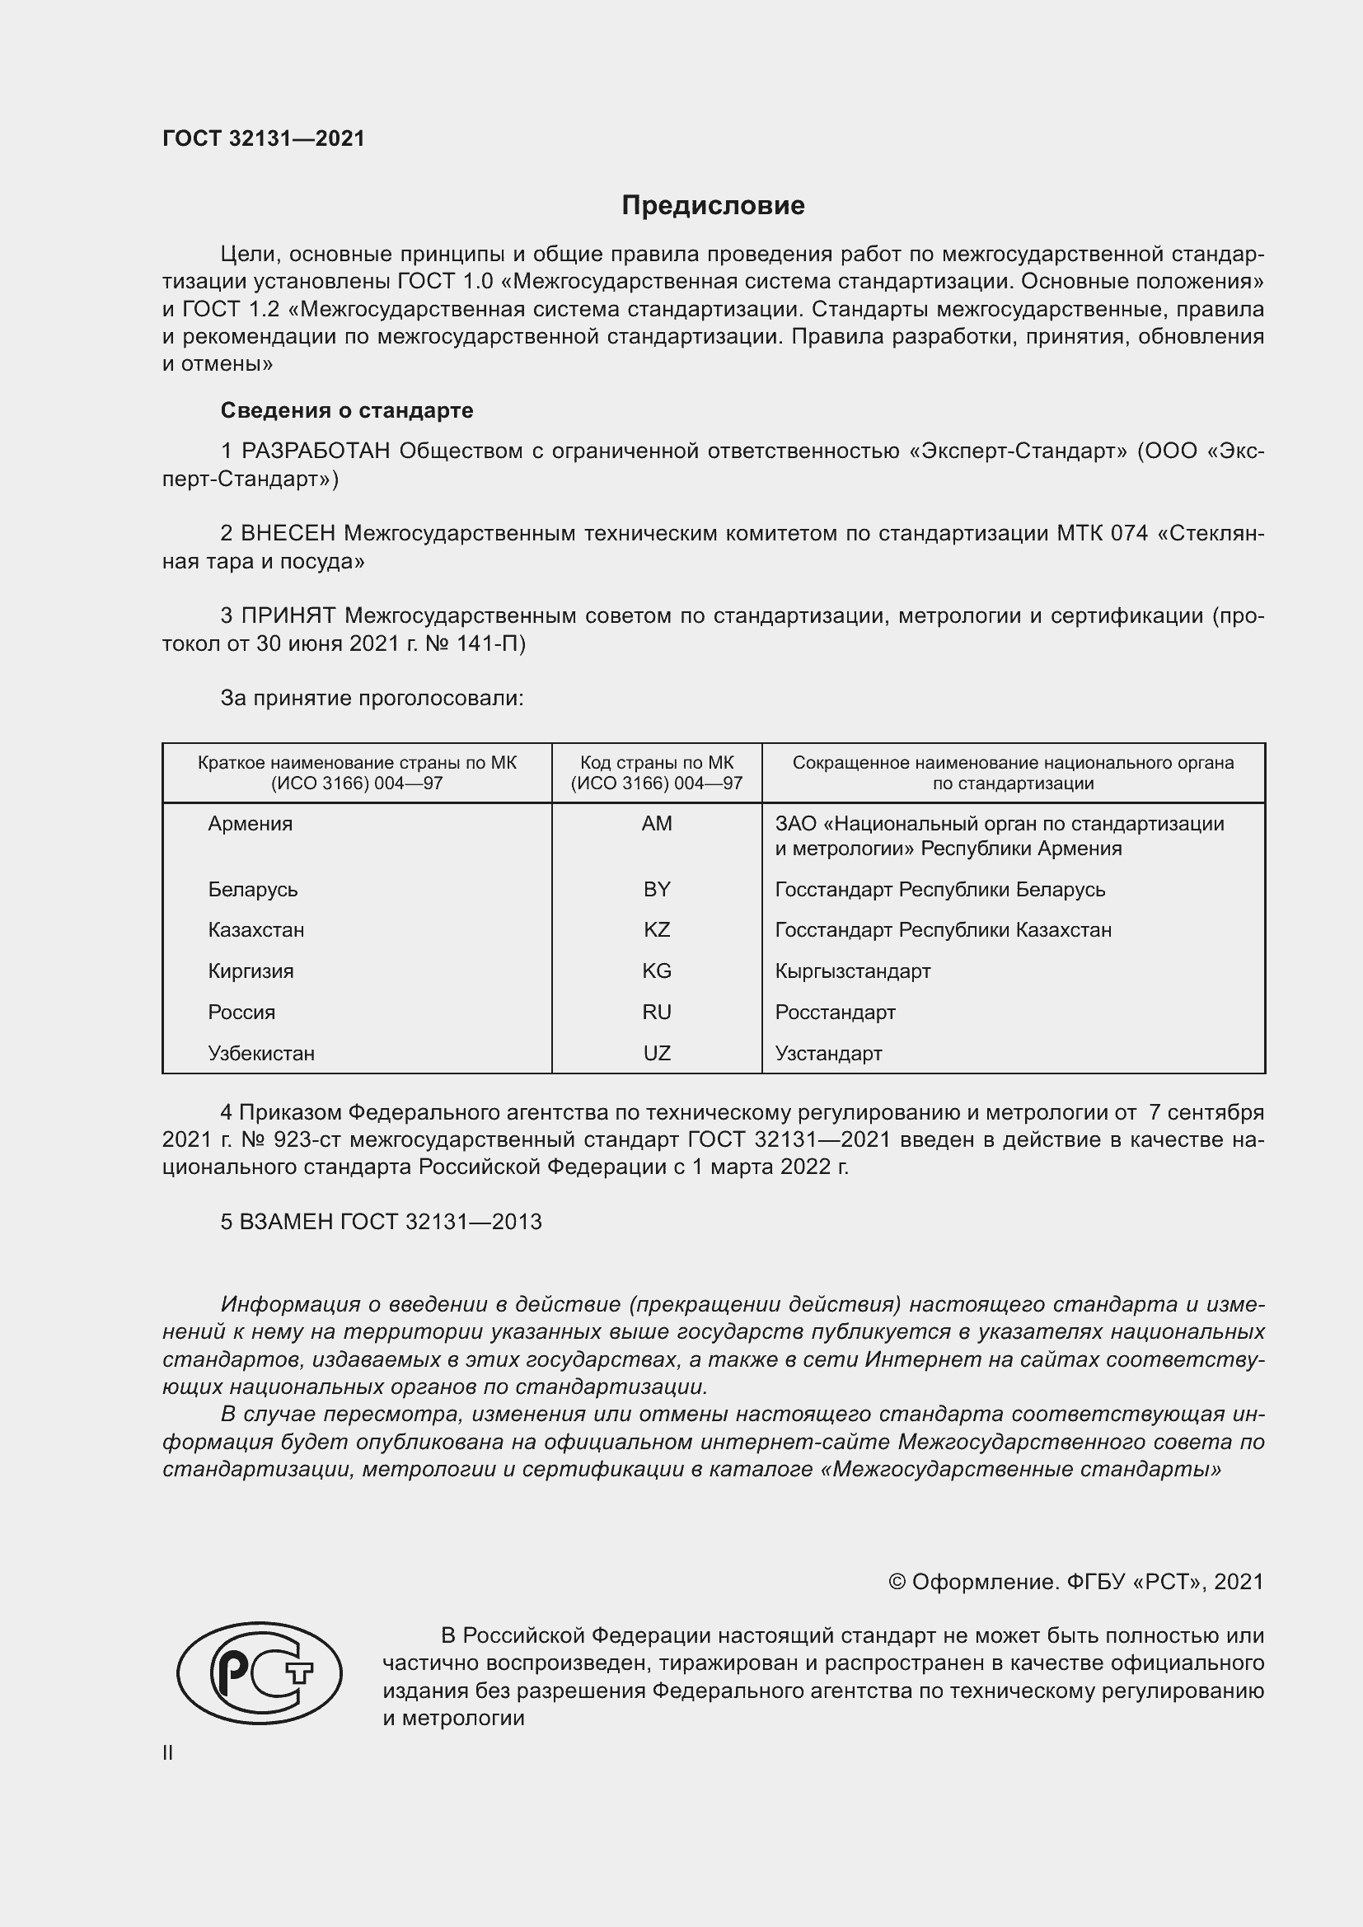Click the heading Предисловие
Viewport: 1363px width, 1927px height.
pyautogui.click(x=713, y=206)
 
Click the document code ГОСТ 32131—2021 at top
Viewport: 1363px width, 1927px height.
pyautogui.click(x=264, y=138)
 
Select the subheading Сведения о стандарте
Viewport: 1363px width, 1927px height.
pyautogui.click(x=347, y=410)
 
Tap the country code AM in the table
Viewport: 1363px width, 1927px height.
pyautogui.click(x=656, y=823)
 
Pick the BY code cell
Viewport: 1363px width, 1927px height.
pyautogui.click(x=656, y=889)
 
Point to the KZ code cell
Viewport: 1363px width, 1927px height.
pyautogui.click(x=656, y=930)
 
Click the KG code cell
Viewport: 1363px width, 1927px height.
pyautogui.click(x=656, y=971)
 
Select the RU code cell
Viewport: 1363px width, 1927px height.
pyautogui.click(x=656, y=1013)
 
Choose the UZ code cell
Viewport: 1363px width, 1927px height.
pyautogui.click(x=656, y=1054)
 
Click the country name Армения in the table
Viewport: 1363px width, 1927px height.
pyautogui.click(x=251, y=823)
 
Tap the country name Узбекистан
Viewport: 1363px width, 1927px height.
pyautogui.click(x=261, y=1054)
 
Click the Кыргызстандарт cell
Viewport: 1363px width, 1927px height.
pyautogui.click(x=853, y=971)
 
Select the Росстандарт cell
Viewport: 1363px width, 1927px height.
pyautogui.click(x=835, y=1013)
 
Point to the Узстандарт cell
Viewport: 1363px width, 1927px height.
pyautogui.click(x=828, y=1054)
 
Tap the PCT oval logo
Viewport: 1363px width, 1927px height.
pyautogui.click(x=260, y=1672)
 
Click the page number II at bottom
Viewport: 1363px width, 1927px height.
pyautogui.click(x=168, y=1752)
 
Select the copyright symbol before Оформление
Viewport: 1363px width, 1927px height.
pyautogui.click(x=897, y=1582)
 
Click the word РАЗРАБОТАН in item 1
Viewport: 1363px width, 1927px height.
pyautogui.click(x=316, y=451)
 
